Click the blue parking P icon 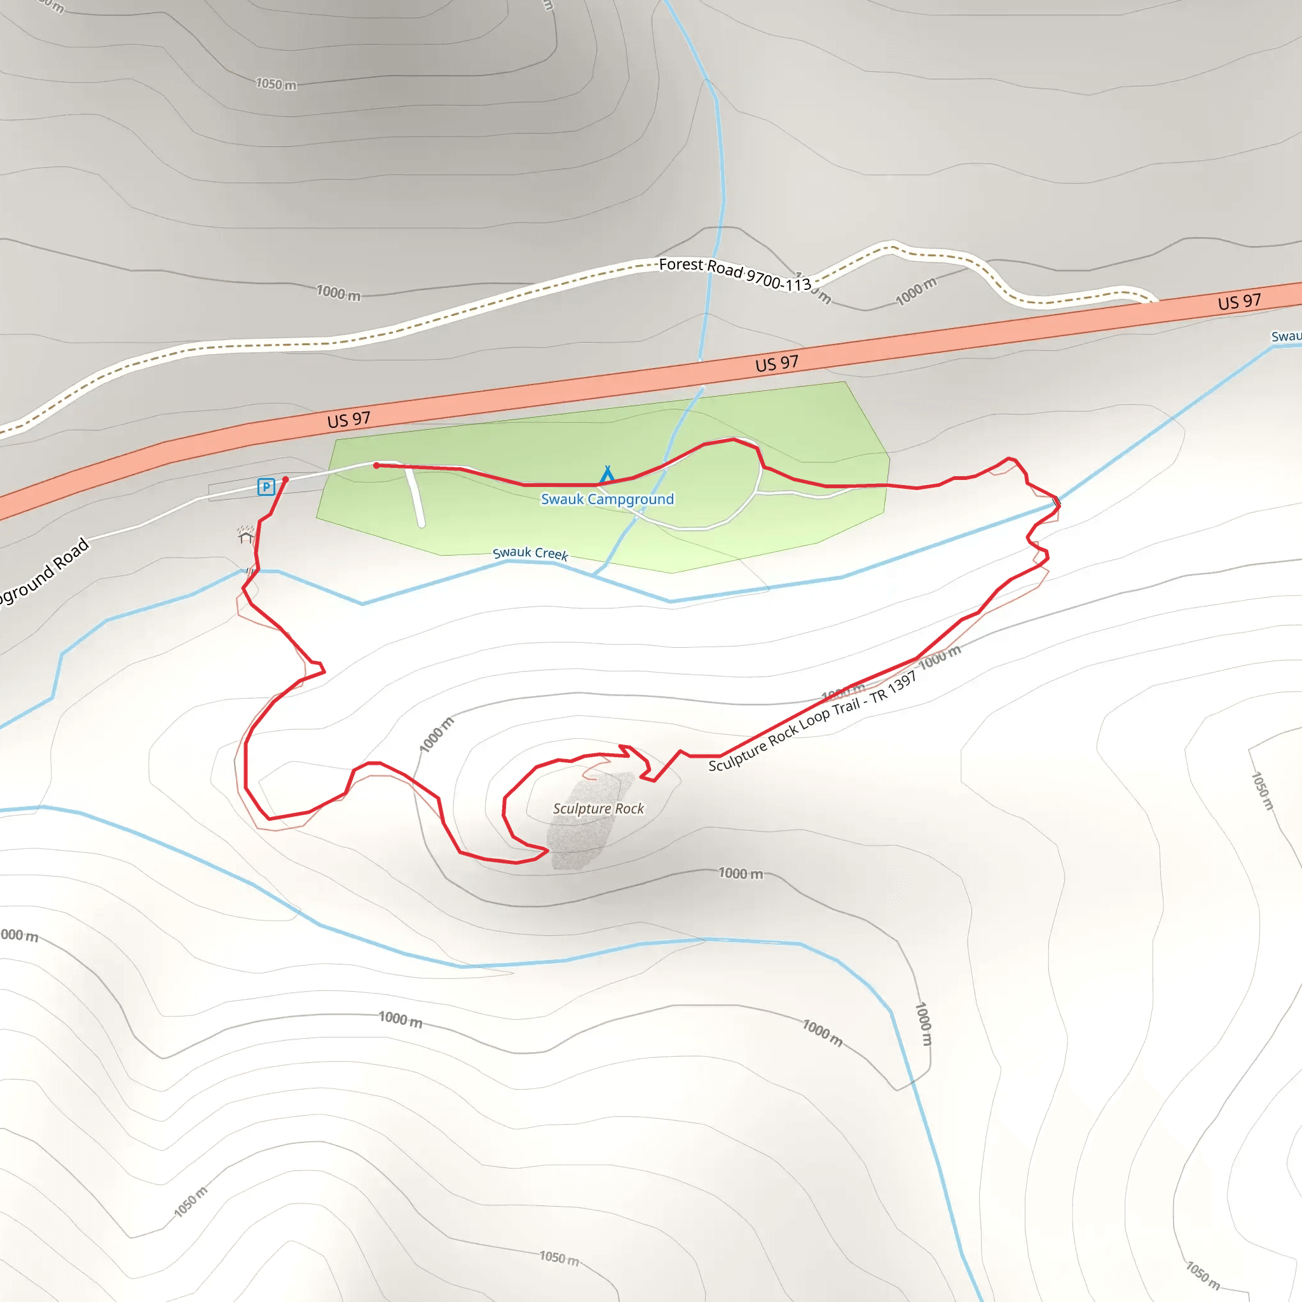(266, 486)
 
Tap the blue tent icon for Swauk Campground (607, 475)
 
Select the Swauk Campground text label (607, 499)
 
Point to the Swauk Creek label (530, 553)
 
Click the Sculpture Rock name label (598, 809)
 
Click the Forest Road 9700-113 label (734, 273)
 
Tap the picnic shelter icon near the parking (245, 535)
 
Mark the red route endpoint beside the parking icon (285, 479)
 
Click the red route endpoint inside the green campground (376, 465)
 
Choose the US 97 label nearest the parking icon (348, 420)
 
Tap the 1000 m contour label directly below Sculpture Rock (741, 874)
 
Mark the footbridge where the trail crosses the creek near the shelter (250, 572)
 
